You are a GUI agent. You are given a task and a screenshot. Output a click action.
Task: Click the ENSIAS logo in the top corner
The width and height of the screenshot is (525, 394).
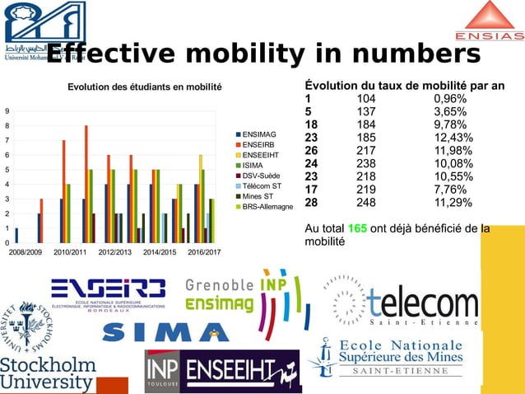(x=489, y=22)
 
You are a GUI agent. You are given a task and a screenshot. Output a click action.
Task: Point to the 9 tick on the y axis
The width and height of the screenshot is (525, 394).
(x=7, y=110)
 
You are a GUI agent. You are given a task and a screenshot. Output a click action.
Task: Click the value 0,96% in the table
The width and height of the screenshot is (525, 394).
(x=450, y=98)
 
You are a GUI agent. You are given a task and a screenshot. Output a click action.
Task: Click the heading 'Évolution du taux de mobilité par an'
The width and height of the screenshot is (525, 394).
(x=405, y=86)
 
